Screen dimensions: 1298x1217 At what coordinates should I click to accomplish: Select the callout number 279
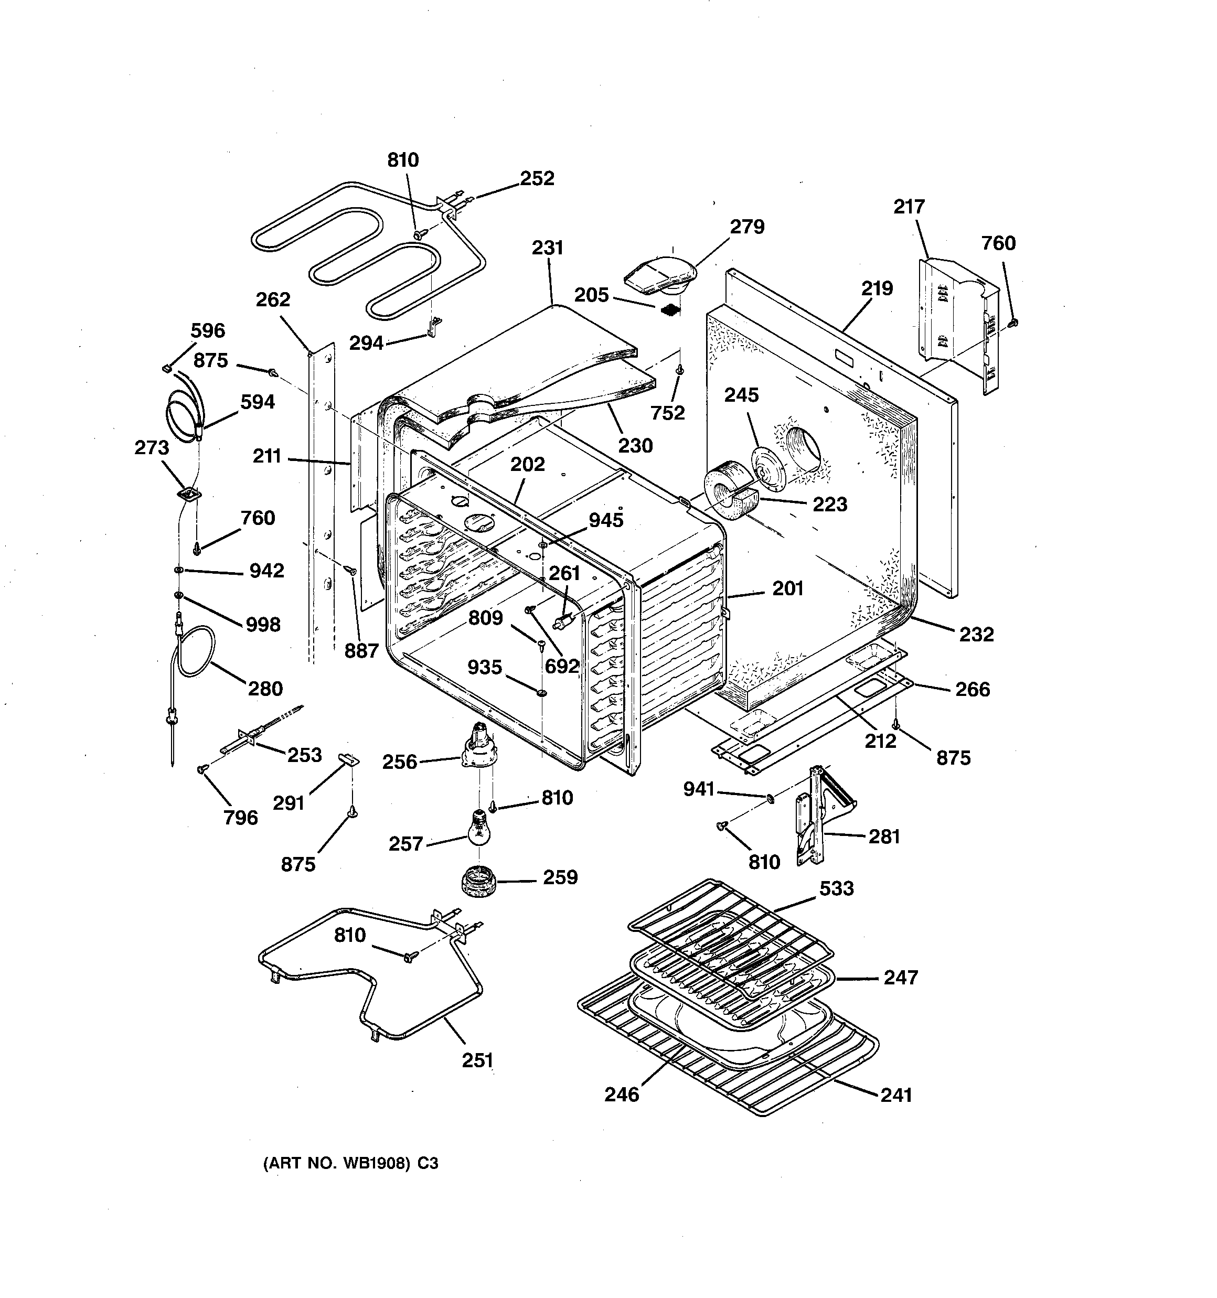tap(746, 227)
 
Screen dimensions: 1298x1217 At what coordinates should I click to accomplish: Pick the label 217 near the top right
tap(909, 207)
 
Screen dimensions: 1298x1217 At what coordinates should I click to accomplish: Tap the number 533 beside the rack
tap(836, 888)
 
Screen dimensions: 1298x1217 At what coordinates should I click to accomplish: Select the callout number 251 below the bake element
tap(477, 1060)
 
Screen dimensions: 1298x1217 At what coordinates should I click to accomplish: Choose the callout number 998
tap(263, 624)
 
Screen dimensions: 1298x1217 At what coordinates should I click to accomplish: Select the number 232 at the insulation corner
tap(976, 634)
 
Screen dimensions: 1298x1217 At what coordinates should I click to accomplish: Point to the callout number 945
tap(605, 520)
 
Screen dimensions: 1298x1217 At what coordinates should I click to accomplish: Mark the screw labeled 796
tap(202, 770)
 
